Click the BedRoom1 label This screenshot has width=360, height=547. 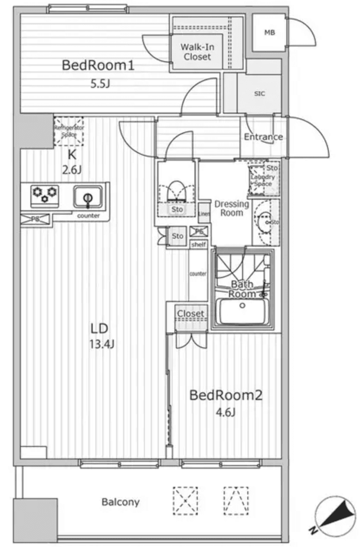(x=98, y=66)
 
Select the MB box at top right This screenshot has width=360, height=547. (x=269, y=32)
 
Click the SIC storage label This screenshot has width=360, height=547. (x=259, y=94)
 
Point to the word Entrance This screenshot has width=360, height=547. (x=263, y=137)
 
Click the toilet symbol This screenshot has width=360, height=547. (x=177, y=191)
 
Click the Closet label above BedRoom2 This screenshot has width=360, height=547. (x=190, y=313)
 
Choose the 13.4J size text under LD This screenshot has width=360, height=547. (x=102, y=345)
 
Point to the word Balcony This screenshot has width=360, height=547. (x=121, y=502)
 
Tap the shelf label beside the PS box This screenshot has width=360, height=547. (x=199, y=244)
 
